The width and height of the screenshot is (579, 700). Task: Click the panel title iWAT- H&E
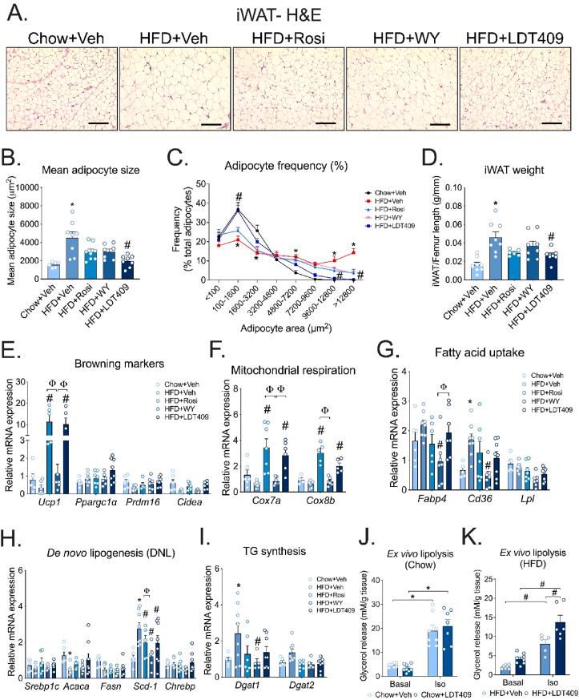(289, 14)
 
